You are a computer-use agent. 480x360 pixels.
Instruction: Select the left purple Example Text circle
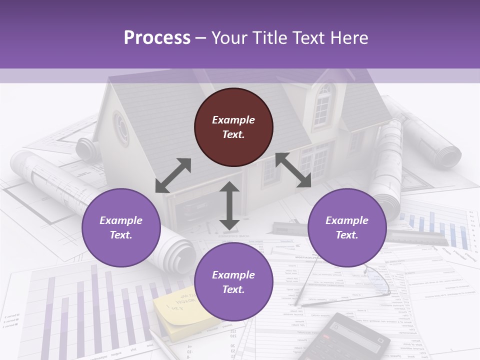[x=121, y=227]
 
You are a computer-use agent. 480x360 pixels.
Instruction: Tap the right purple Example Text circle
[x=347, y=227]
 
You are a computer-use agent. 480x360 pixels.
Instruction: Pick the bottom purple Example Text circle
[x=233, y=282]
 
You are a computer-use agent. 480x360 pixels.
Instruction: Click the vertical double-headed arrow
[x=229, y=205]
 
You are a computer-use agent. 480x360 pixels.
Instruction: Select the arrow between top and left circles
[x=173, y=175]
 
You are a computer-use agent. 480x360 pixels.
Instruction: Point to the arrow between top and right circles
[x=293, y=170]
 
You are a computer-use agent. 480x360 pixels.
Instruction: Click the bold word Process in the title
[x=157, y=38]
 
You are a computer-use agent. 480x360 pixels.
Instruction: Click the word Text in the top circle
[x=233, y=134]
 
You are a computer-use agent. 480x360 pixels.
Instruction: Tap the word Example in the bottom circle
[x=233, y=275]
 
